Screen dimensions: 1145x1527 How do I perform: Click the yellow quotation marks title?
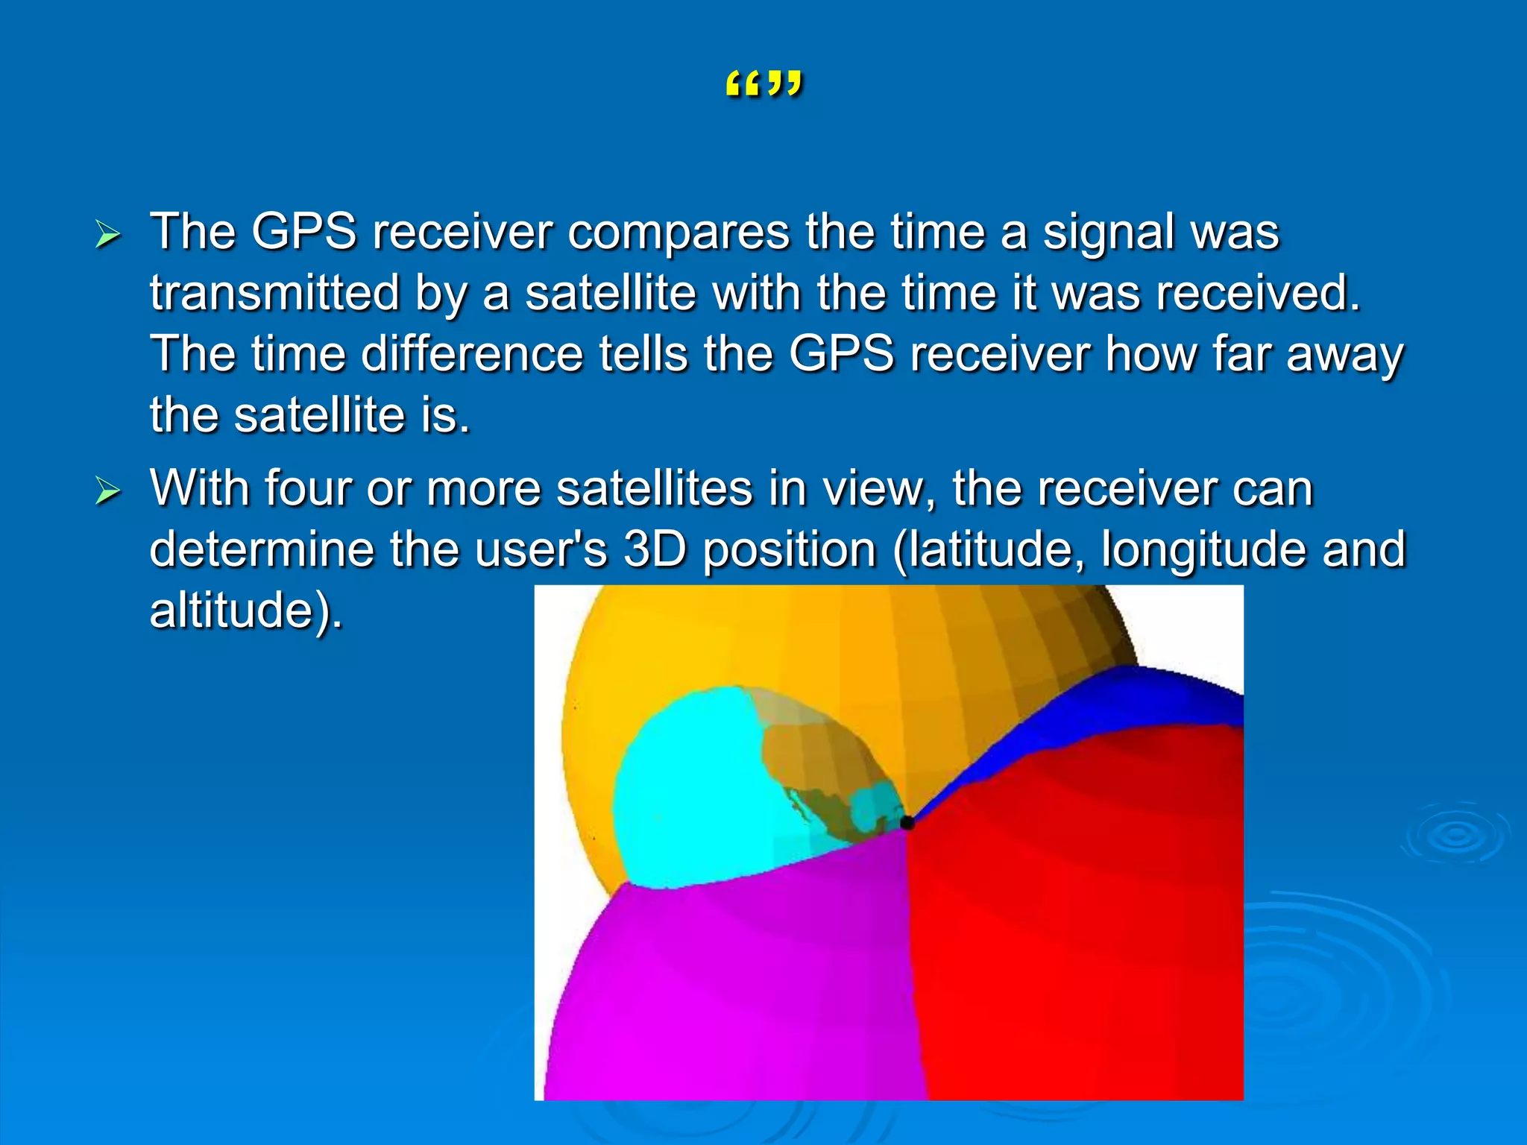pyautogui.click(x=763, y=84)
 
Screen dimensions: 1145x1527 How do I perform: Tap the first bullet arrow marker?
pyautogui.click(x=108, y=235)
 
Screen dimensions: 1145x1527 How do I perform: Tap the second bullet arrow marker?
pyautogui.click(x=108, y=491)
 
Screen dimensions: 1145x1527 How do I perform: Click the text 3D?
pyautogui.click(x=654, y=550)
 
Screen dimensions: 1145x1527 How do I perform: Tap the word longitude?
pyautogui.click(x=1203, y=550)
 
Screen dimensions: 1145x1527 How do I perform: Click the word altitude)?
pyautogui.click(x=246, y=611)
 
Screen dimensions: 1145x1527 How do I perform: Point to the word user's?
pyautogui.click(x=541, y=550)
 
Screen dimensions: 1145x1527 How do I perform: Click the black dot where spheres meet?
pyautogui.click(x=907, y=823)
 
